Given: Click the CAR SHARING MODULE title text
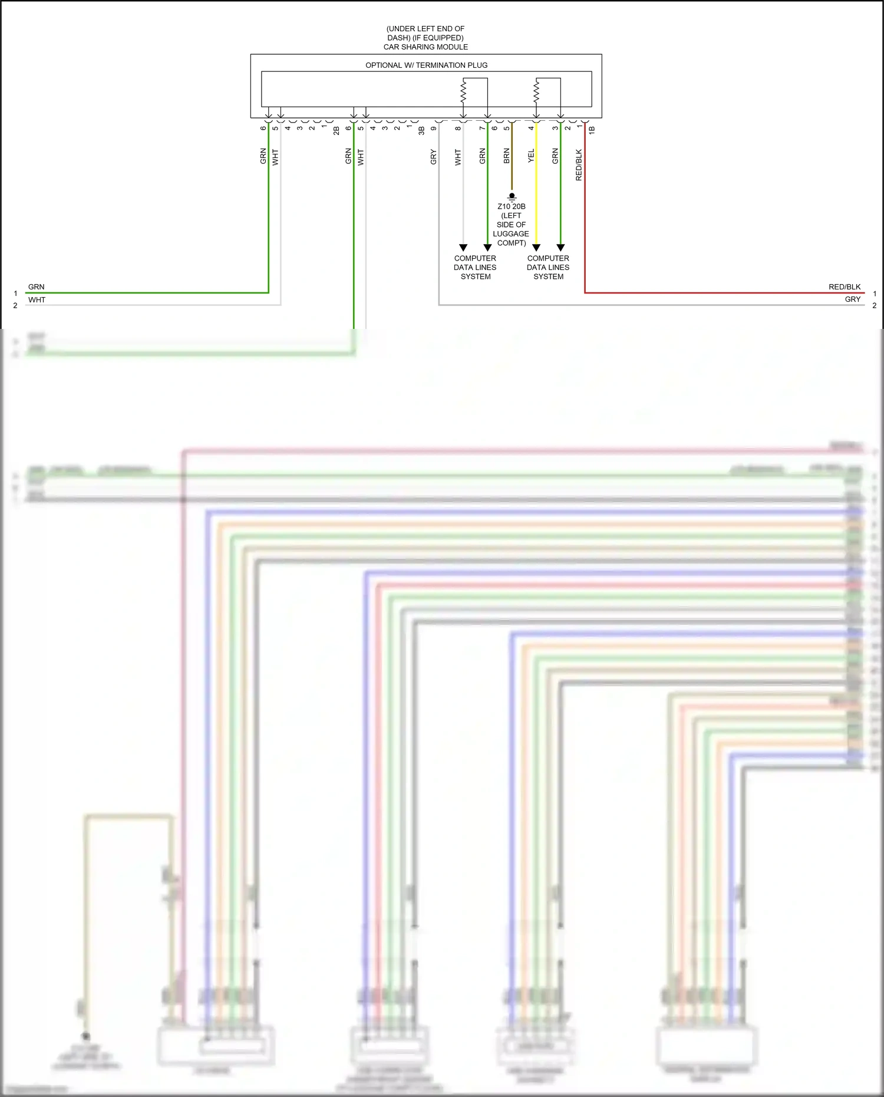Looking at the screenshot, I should pyautogui.click(x=425, y=47).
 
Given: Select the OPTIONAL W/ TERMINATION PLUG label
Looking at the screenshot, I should pyautogui.click(x=426, y=65).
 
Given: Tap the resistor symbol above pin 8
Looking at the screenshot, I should pyautogui.click(x=463, y=91).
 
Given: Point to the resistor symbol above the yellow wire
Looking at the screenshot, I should pyautogui.click(x=536, y=91).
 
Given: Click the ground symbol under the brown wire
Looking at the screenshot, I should pyautogui.click(x=512, y=197).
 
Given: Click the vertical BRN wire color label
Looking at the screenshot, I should pyautogui.click(x=506, y=156).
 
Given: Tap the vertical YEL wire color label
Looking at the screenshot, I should pyautogui.click(x=531, y=156).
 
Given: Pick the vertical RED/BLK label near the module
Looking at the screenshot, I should pyautogui.click(x=579, y=164).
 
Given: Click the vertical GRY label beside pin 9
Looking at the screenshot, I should pyautogui.click(x=433, y=157).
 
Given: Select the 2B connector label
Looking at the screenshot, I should pyautogui.click(x=336, y=130).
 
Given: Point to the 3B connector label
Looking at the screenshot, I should pyautogui.click(x=421, y=130).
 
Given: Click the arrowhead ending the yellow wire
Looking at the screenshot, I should pyautogui.click(x=536, y=248).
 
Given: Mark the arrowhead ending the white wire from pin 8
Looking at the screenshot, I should pyautogui.click(x=463, y=248).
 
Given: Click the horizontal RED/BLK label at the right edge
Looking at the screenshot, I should pyautogui.click(x=845, y=287).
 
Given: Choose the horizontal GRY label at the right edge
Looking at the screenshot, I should pyautogui.click(x=852, y=299).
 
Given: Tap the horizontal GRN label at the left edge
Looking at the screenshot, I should pyautogui.click(x=37, y=287).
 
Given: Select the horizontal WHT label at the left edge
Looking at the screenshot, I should pyautogui.click(x=37, y=300).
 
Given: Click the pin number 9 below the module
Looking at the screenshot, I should pyautogui.click(x=433, y=129).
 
